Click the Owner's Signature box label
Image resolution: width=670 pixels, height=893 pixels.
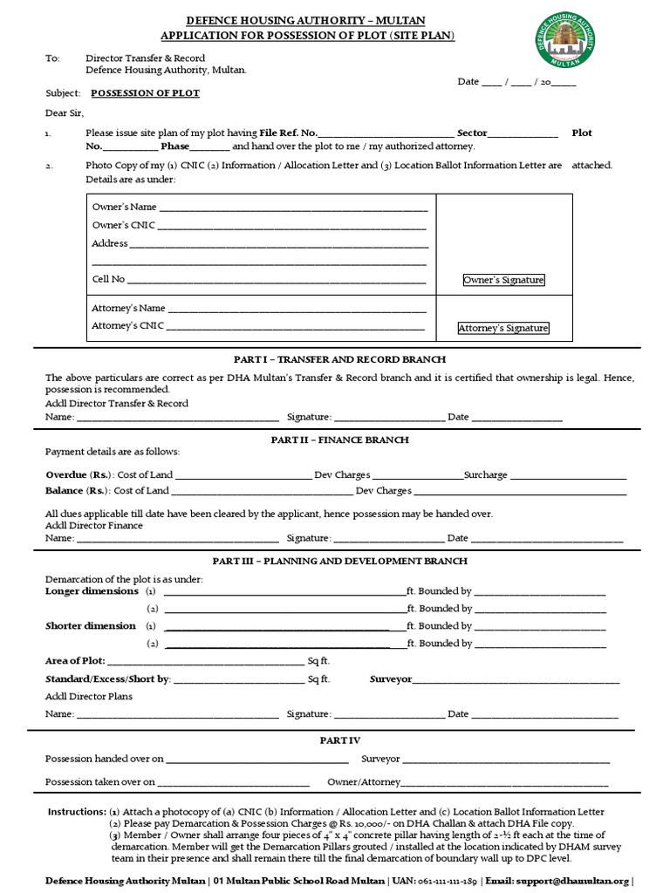tap(503, 280)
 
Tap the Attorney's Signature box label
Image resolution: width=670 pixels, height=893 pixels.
tap(503, 328)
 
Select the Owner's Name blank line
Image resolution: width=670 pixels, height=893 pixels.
tap(292, 208)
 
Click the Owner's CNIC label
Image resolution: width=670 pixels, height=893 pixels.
tap(123, 225)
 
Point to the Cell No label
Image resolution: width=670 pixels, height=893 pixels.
tap(108, 279)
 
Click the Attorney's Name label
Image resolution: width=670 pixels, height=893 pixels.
tap(128, 308)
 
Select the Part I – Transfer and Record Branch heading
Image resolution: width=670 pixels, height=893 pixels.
tap(339, 359)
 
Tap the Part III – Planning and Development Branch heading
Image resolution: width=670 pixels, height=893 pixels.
tap(339, 561)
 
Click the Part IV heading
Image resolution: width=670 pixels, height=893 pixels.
tap(339, 740)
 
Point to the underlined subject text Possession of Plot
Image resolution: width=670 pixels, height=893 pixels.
tap(145, 92)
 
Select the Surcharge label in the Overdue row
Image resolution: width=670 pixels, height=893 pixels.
tap(485, 475)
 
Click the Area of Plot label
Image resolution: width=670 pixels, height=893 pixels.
tap(74, 661)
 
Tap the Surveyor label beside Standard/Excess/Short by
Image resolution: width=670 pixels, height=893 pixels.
tap(390, 678)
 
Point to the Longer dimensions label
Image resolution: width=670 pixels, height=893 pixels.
tap(92, 591)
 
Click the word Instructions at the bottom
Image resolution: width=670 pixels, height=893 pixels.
tap(77, 812)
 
